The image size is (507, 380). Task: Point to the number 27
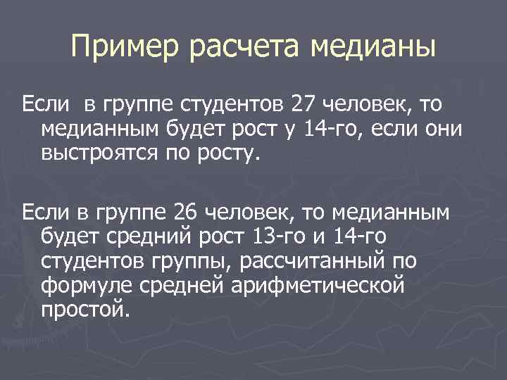point(303,106)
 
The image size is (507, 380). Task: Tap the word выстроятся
point(101,153)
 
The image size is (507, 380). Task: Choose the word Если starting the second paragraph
point(45,210)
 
